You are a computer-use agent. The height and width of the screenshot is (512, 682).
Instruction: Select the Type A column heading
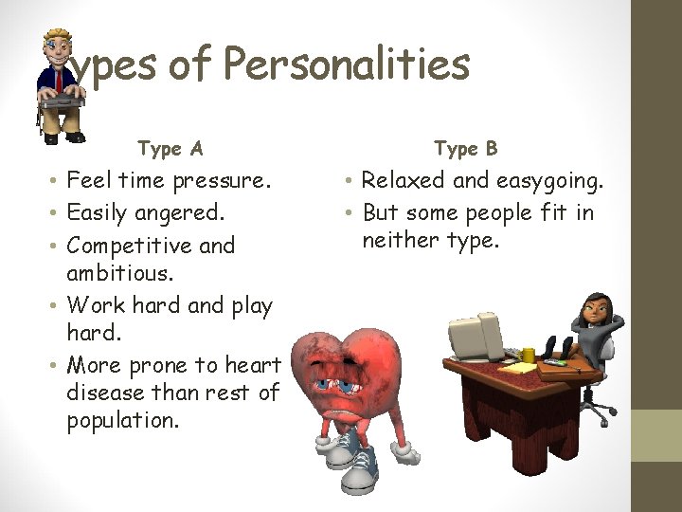coord(170,148)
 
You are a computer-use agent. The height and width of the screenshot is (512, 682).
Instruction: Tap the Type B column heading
coord(466,148)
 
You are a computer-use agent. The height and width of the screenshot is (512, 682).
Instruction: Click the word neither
coord(400,240)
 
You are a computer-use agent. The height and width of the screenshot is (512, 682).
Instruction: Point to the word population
coord(123,420)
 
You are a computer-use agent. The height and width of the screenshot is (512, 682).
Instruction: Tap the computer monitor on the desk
coord(479,336)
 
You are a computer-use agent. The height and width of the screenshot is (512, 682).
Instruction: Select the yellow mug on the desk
coord(529,356)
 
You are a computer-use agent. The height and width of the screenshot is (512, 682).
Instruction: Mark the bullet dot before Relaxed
coord(350,181)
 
